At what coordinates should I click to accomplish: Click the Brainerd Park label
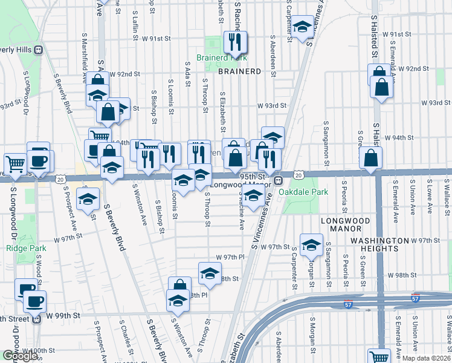[214, 59]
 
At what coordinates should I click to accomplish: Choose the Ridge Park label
[22, 248]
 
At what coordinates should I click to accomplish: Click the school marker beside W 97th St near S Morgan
[311, 245]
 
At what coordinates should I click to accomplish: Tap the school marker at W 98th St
[210, 273]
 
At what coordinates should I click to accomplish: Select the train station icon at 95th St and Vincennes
[279, 180]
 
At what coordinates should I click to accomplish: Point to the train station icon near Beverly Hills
[39, 50]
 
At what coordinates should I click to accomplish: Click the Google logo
[20, 356]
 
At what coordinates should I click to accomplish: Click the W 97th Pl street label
[228, 257]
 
